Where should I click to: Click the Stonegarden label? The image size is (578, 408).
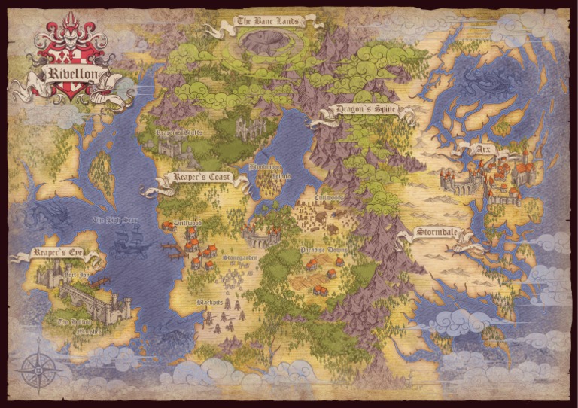pos(239,258)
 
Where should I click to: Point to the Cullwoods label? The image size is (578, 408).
pos(329,199)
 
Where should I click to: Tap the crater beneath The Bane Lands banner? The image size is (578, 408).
pos(267,44)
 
